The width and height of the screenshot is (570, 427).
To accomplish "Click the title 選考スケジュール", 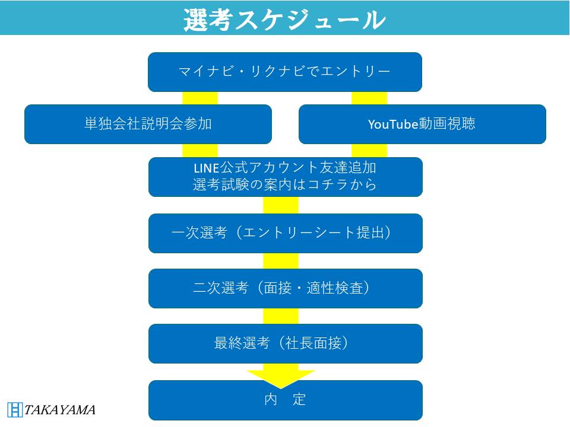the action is pos(284,20).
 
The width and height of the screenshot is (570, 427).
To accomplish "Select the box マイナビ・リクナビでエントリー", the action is pos(284,72).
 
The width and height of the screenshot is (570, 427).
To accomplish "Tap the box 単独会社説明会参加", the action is pos(148,124).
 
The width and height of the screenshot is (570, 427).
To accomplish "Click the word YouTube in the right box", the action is pos(393,124).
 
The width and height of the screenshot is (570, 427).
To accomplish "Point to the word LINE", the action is pos(206,168).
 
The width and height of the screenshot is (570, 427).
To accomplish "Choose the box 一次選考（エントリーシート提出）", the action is pos(286,234).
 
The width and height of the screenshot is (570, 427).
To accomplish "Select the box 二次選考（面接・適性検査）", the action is pos(286,289).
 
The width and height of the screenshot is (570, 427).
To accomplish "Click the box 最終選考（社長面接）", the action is pos(286,344).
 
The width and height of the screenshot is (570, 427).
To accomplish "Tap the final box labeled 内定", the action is pos(286,400).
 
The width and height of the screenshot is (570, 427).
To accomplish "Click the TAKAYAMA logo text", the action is pos(60,410).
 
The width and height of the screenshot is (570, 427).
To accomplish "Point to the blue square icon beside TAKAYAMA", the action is pos(15,410).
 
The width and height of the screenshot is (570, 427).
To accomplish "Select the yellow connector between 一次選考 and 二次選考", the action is pos(281,261).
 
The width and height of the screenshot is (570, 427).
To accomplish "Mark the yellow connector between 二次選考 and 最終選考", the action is pos(281,316).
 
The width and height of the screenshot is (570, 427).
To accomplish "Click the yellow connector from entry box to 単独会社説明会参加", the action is pos(200,98).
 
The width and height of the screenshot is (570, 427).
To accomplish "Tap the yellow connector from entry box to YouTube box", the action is pos(369,98).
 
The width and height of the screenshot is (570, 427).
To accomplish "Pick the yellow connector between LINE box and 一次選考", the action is pos(281,205).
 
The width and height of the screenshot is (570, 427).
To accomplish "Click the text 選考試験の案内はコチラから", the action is pos(284,185).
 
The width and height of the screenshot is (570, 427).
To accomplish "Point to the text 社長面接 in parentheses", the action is pos(313,343).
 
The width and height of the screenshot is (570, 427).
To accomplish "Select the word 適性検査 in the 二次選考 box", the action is pos(335,288).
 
